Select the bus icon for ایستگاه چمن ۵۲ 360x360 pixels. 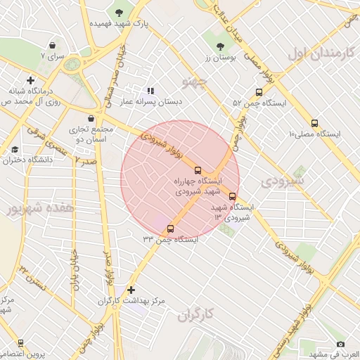259,92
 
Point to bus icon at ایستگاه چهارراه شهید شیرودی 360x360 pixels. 198,169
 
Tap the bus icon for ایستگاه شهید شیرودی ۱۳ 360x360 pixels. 233,196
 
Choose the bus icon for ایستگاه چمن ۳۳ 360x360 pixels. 170,228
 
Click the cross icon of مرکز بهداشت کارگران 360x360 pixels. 131,290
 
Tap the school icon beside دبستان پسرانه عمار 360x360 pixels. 150,91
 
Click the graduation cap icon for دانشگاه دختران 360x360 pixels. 15,149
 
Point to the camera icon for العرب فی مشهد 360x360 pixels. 341,344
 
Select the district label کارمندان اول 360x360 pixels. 318,53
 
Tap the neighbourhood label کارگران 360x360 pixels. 195,316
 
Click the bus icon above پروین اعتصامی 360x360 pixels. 20,342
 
